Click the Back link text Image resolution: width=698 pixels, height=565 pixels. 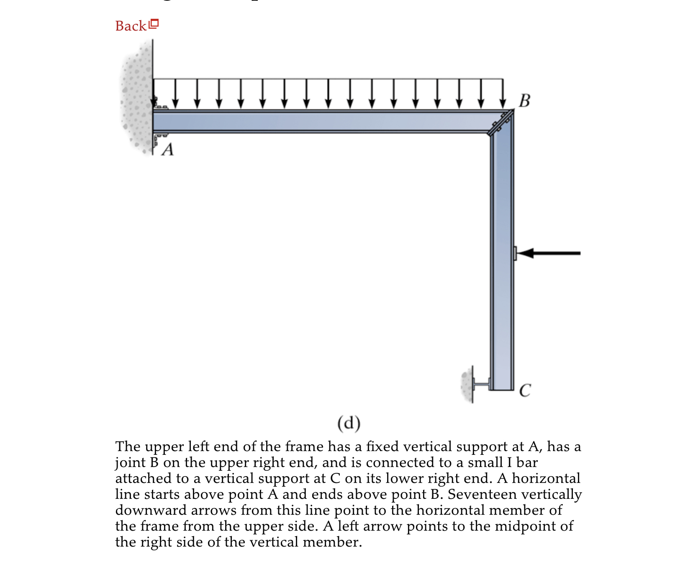(131, 26)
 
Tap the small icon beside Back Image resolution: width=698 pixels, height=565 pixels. (154, 24)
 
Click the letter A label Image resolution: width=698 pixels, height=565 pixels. (167, 150)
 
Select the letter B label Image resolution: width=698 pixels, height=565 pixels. (524, 101)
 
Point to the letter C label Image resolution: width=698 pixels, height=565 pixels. (525, 390)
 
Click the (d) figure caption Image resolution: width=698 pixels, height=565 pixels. (349, 423)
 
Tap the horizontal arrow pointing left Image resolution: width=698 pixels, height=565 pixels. (548, 253)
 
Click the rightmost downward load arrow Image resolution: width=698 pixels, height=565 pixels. (503, 93)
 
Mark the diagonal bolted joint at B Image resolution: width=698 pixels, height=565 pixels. (501, 122)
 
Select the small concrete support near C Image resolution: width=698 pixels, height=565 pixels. (467, 384)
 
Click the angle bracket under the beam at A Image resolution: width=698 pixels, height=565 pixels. (159, 138)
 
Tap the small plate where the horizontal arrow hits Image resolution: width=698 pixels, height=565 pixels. (515, 253)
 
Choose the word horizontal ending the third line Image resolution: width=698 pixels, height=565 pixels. (546, 479)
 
